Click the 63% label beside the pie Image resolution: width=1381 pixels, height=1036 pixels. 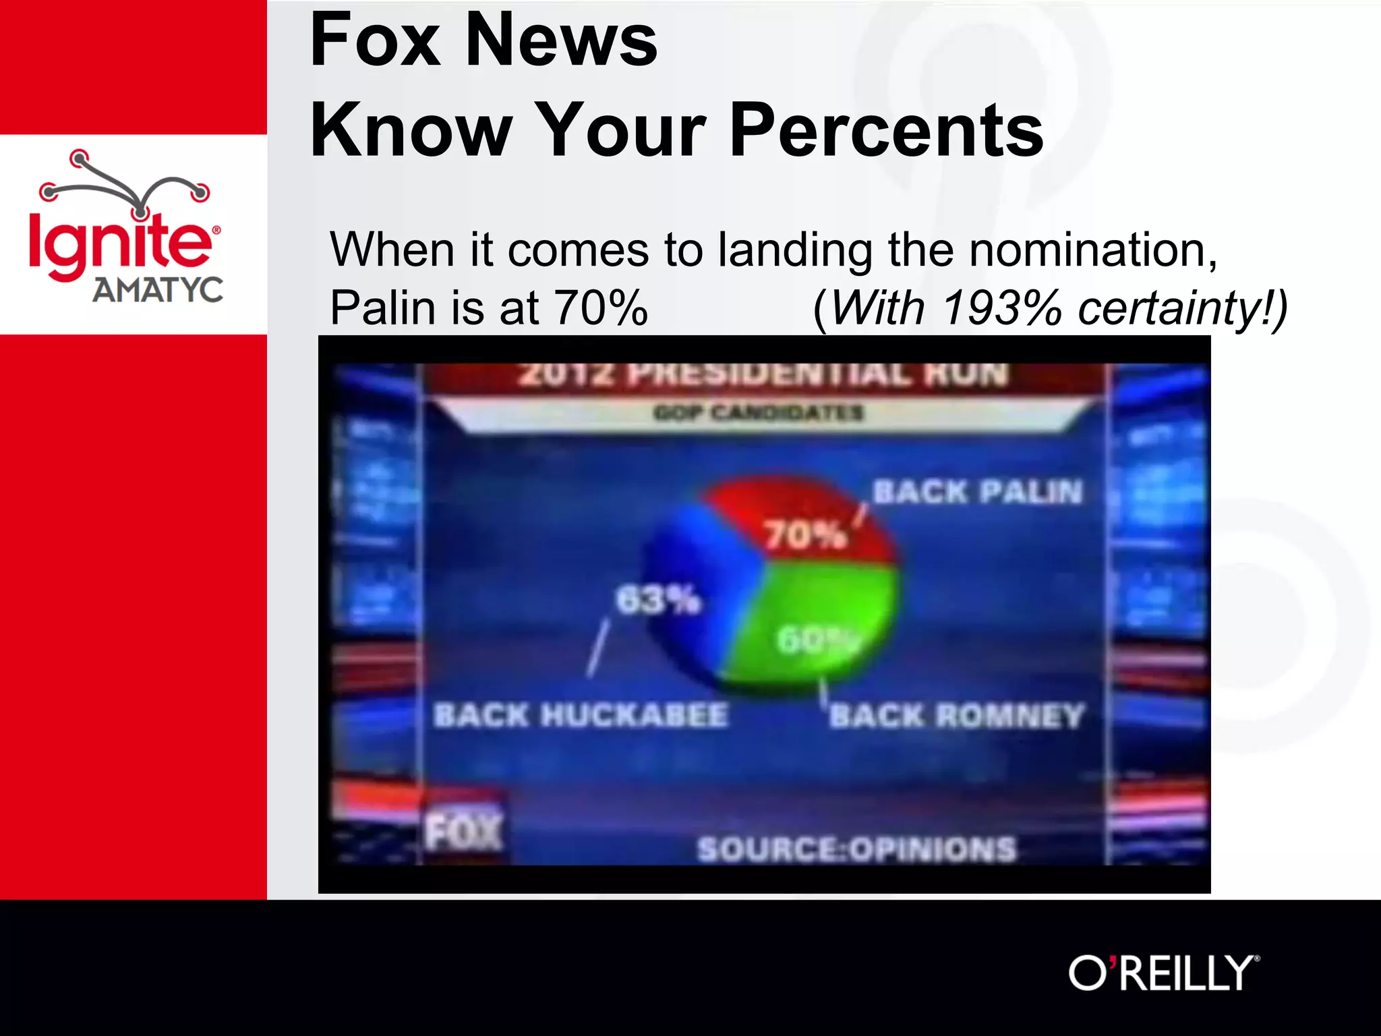pos(658,599)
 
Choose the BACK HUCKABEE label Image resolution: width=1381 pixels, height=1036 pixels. pos(581,715)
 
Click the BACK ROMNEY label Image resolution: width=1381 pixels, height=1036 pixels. pos(956,715)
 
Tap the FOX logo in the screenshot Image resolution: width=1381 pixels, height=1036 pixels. pos(464,831)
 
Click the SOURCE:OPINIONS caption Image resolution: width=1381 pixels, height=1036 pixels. pos(856,849)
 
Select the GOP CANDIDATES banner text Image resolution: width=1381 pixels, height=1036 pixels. pos(758,412)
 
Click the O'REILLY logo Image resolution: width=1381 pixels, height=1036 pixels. pos(1163,973)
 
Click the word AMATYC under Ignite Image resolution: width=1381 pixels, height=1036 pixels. pos(158,290)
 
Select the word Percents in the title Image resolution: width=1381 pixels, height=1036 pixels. pos(886,129)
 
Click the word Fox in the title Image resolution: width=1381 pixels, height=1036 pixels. pos(375,40)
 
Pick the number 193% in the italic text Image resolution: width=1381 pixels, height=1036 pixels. pos(1002,308)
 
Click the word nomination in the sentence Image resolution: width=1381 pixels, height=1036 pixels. pos(1092,250)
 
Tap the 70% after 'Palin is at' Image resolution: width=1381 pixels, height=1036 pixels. pos(600,308)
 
